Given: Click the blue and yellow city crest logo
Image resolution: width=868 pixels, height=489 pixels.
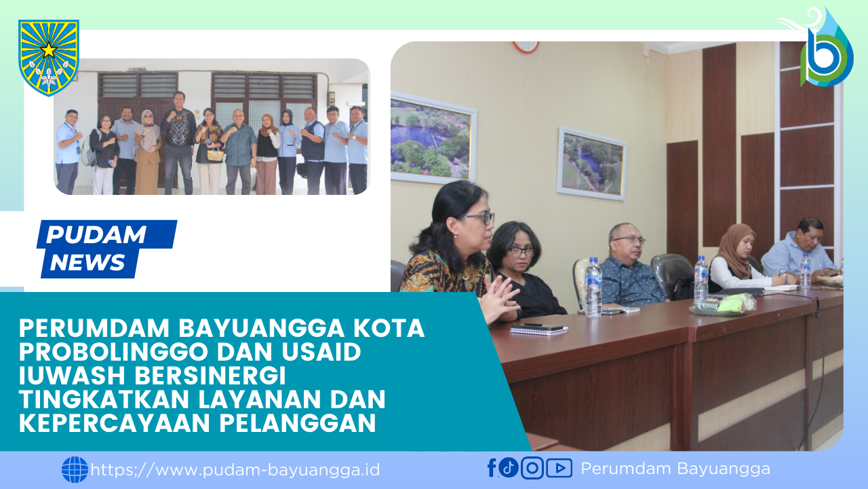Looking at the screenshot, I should pyautogui.click(x=49, y=57).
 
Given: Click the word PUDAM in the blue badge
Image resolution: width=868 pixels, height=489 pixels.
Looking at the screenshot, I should pyautogui.click(x=96, y=235).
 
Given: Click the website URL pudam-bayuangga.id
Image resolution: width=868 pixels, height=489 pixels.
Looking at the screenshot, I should pyautogui.click(x=235, y=469).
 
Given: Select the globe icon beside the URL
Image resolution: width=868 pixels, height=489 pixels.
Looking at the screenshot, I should pyautogui.click(x=75, y=469).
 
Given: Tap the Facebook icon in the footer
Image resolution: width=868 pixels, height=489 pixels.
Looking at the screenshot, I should pyautogui.click(x=492, y=468).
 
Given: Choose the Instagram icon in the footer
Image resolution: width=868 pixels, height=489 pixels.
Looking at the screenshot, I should pyautogui.click(x=532, y=468).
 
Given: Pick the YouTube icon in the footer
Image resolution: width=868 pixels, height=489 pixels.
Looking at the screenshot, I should pyautogui.click(x=559, y=468).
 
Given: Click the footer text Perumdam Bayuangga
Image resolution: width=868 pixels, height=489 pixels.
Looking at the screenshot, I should pyautogui.click(x=675, y=469).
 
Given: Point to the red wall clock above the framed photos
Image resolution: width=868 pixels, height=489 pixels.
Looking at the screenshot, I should pyautogui.click(x=526, y=46).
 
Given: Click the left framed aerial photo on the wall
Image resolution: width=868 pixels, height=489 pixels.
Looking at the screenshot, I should pyautogui.click(x=433, y=139).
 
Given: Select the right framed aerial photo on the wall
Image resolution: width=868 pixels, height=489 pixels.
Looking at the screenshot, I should pyautogui.click(x=591, y=164).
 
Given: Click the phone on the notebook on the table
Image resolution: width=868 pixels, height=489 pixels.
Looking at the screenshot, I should pyautogui.click(x=542, y=327).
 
